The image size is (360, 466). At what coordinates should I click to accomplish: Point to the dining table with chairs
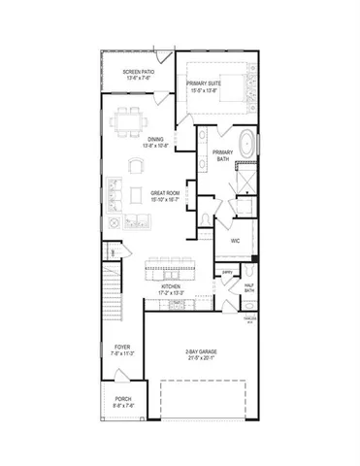127,123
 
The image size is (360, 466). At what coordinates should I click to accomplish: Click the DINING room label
155,142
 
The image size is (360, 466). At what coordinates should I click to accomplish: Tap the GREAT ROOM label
163,196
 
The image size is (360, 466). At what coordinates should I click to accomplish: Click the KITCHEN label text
172,289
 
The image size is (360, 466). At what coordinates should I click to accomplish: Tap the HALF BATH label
248,287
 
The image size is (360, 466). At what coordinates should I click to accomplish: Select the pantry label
226,273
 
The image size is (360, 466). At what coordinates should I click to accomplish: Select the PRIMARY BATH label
224,155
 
